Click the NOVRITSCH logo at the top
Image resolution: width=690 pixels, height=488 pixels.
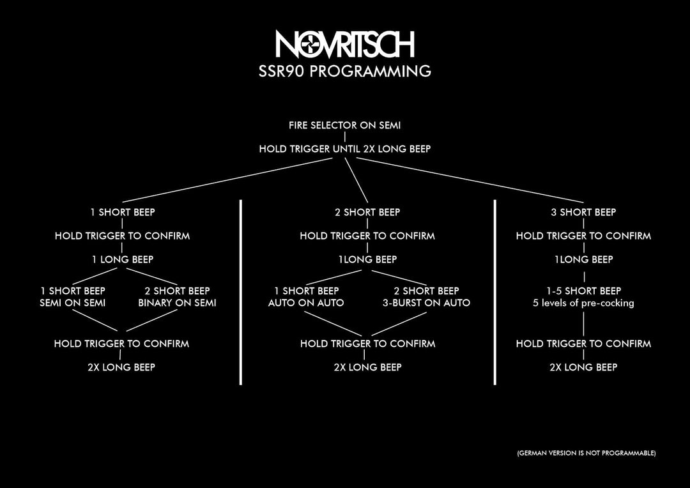(345, 44)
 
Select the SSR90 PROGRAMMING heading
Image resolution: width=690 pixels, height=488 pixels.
(344, 71)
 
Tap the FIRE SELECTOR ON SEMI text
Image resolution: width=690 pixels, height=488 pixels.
(344, 125)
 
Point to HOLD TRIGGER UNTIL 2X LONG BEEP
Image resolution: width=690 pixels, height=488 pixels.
(344, 149)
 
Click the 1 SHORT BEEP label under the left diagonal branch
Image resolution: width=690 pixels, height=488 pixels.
(122, 212)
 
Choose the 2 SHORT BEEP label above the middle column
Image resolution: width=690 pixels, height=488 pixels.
(367, 212)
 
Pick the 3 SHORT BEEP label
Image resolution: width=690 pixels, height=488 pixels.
(583, 212)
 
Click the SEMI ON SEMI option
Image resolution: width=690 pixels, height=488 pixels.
(73, 303)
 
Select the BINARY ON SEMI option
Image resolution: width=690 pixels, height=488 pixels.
(178, 303)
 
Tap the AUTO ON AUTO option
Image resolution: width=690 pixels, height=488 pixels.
(306, 303)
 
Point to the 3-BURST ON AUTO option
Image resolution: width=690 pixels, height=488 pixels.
(426, 303)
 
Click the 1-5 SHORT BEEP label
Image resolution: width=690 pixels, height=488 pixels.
(583, 291)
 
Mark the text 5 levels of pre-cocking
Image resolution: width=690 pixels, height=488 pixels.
(583, 303)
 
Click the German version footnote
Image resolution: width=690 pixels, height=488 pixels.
(586, 453)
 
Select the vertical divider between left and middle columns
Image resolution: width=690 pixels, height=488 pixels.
(241, 292)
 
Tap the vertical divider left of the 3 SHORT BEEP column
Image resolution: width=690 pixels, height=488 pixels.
(495, 292)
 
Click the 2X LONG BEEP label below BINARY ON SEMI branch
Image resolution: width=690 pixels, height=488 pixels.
(121, 367)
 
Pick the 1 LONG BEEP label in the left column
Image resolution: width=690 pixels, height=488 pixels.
(122, 259)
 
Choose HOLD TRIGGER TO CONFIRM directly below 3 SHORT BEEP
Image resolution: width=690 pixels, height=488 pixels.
(583, 236)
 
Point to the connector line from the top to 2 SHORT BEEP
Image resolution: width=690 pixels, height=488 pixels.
(356, 179)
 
